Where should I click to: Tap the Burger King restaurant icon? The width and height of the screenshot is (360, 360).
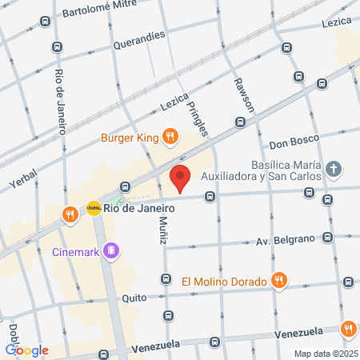(170, 138)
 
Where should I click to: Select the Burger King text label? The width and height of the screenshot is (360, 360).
(130, 138)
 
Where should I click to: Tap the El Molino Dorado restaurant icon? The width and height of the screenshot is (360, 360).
(278, 281)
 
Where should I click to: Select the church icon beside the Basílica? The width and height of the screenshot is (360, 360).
(334, 169)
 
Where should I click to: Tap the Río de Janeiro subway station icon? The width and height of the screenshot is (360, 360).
(94, 207)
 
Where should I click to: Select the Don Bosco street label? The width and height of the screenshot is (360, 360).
(294, 145)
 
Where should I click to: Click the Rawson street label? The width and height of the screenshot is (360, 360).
(242, 95)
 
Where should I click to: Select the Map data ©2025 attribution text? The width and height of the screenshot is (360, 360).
(325, 353)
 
